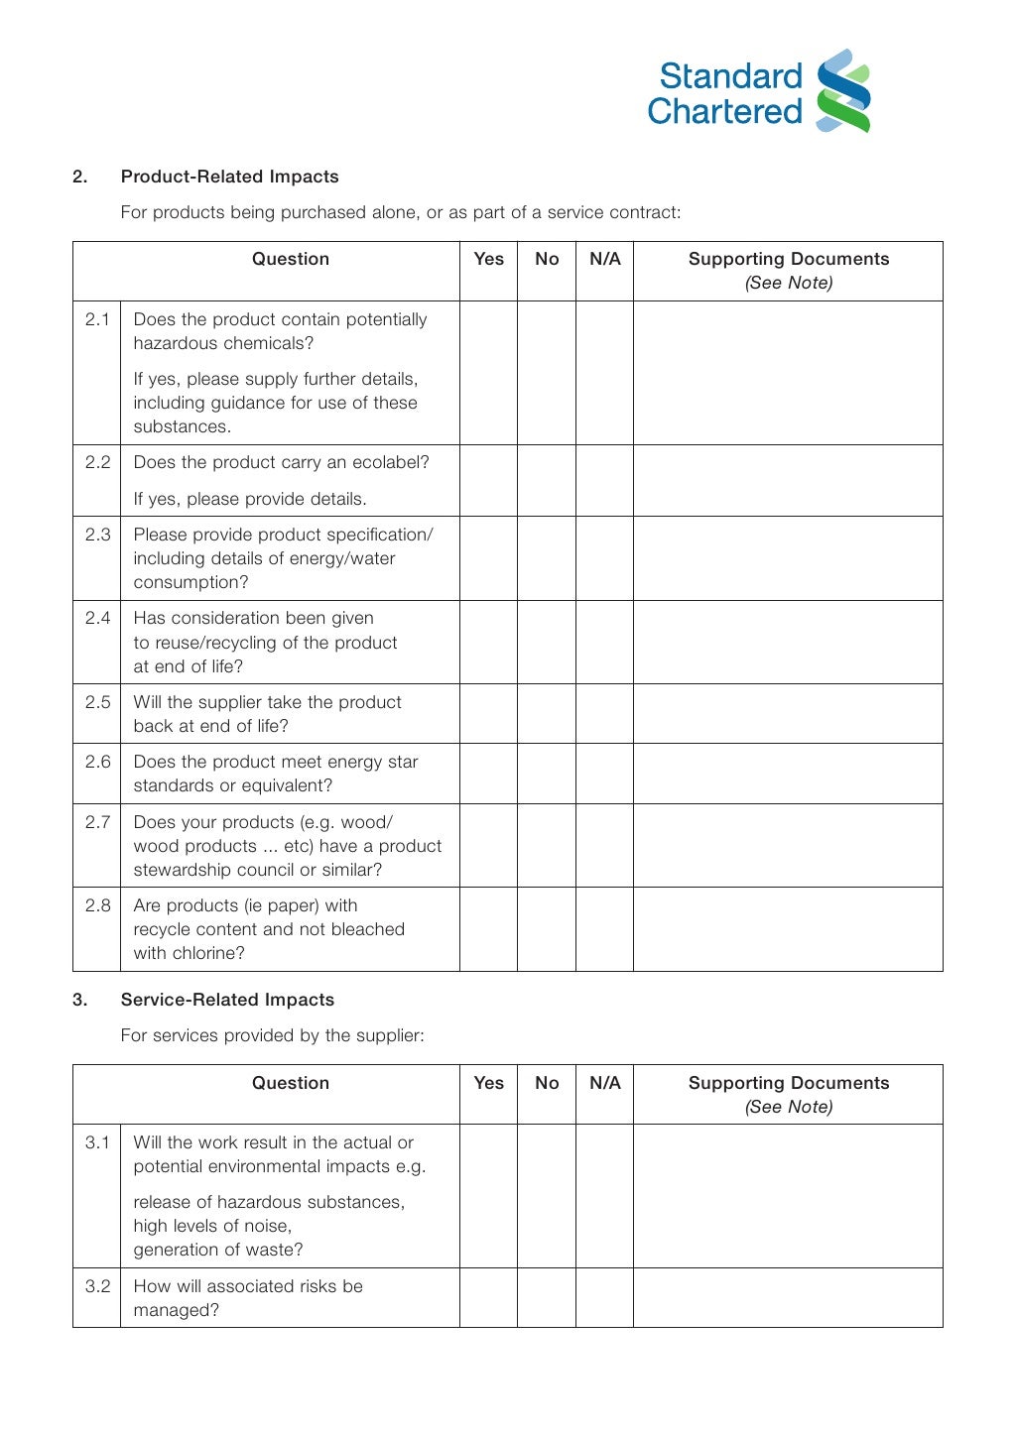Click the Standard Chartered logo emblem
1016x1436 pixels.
(843, 91)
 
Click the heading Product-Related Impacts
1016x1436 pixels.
(229, 177)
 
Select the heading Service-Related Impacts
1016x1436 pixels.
(227, 1000)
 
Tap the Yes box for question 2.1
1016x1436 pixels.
(488, 373)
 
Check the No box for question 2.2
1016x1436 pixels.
(547, 480)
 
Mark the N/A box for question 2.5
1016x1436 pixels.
(604, 714)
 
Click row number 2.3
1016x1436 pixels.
(97, 535)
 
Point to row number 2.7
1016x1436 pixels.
(97, 822)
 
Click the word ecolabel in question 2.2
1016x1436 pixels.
(389, 462)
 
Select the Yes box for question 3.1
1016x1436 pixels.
(488, 1196)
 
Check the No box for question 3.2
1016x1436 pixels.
(547, 1297)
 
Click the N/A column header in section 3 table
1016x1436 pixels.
(604, 1083)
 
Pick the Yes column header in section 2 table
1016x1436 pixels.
(488, 259)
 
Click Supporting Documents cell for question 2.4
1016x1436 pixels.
(788, 642)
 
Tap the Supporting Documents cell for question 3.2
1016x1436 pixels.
(788, 1297)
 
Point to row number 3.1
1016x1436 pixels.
(97, 1142)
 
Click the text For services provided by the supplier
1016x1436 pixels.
(272, 1035)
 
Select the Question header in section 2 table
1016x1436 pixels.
(290, 259)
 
